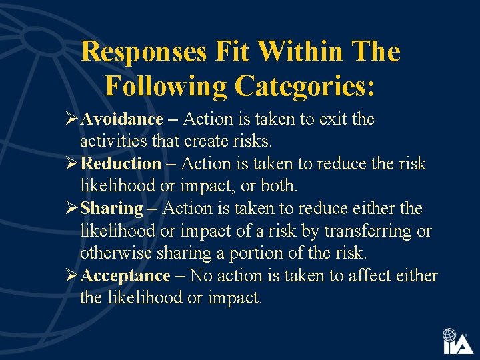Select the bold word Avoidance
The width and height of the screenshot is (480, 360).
pyautogui.click(x=121, y=119)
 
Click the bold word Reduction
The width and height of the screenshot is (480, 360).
pyautogui.click(x=121, y=164)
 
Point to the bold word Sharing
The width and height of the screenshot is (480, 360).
pyautogui.click(x=111, y=209)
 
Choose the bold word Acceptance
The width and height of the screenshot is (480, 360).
pyautogui.click(x=125, y=276)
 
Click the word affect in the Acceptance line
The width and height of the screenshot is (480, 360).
pyautogui.click(x=363, y=276)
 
